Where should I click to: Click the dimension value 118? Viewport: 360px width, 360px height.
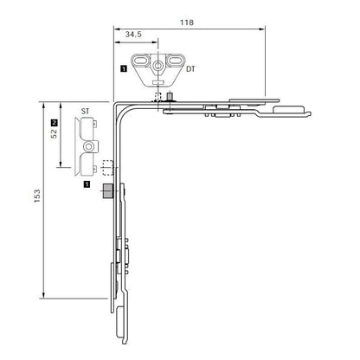pos(187,22)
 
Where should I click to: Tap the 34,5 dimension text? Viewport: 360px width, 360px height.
pos(133,35)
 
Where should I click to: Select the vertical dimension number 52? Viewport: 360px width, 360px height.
pos(54,133)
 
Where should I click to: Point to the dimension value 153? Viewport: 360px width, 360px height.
pos(37,196)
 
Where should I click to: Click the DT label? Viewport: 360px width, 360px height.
pos(190,69)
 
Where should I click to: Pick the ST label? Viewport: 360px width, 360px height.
pos(85,111)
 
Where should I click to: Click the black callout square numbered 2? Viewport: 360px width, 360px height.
pos(54,122)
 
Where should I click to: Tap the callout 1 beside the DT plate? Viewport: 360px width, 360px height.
pos(124,69)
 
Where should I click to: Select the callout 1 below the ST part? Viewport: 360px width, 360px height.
pos(87,184)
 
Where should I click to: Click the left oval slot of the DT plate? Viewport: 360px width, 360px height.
pos(141,61)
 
